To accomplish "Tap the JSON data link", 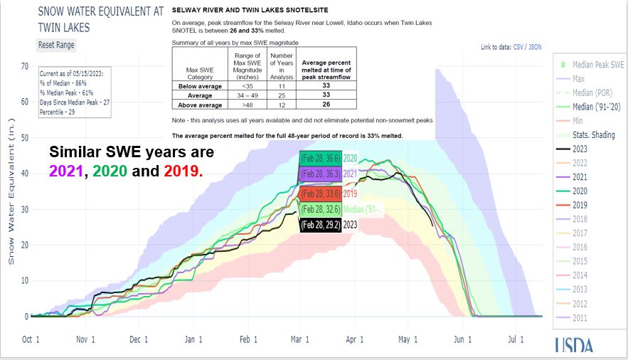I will coord(535,48).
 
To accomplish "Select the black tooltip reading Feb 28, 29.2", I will coord(320,224).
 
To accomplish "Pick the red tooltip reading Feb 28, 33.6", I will coord(320,193).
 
